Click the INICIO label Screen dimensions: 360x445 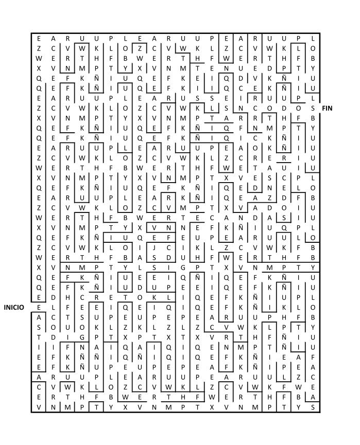(x=14, y=307)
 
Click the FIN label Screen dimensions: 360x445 (x=327, y=108)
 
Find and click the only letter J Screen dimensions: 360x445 (x=154, y=247)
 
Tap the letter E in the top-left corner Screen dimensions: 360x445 (x=39, y=38)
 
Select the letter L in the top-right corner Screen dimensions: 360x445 (x=313, y=38)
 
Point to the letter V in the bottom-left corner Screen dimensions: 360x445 (x=39, y=407)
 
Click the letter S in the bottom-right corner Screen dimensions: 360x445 (x=313, y=407)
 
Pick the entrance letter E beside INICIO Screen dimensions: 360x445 (x=39, y=307)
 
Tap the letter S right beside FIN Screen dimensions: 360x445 (x=313, y=108)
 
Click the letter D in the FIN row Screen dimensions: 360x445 (x=284, y=108)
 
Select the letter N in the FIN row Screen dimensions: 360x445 (x=241, y=108)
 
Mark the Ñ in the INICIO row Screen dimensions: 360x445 (x=255, y=307)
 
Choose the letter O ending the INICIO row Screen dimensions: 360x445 (x=313, y=307)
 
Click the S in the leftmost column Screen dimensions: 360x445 (x=39, y=328)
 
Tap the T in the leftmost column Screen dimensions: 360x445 (x=39, y=337)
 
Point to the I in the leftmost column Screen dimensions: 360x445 (x=39, y=347)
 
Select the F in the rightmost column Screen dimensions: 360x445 (x=313, y=358)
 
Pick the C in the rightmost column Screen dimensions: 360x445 (x=313, y=377)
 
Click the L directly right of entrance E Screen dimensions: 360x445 (x=53, y=307)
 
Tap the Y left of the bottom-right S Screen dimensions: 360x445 (x=298, y=407)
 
